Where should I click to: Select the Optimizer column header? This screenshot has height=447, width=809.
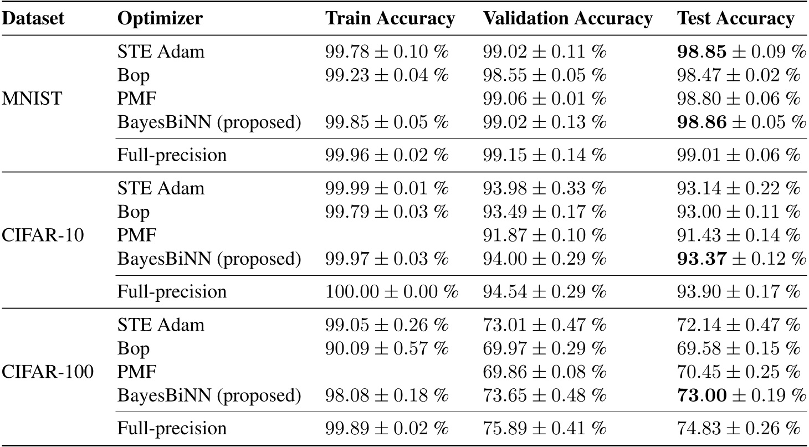[x=160, y=19]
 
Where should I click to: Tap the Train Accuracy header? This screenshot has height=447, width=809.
[x=390, y=19]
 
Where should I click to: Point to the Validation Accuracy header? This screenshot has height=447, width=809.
[x=567, y=19]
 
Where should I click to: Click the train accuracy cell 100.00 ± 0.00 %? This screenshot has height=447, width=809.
[x=391, y=292]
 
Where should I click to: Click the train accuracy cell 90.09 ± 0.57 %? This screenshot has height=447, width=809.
[x=386, y=349]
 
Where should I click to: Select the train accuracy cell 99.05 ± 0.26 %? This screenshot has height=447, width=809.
[x=386, y=325]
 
